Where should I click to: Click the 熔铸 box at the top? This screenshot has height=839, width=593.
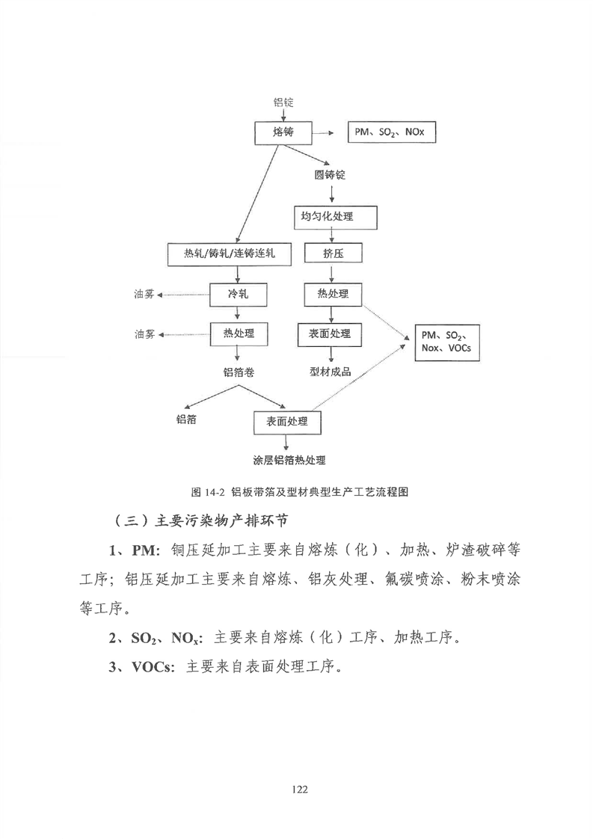click(283, 132)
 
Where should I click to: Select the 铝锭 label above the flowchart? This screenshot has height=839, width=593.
click(283, 102)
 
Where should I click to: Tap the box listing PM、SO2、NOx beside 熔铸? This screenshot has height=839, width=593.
click(393, 132)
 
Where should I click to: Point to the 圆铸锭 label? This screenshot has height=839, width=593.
click(330, 175)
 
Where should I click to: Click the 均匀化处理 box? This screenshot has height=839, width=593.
click(335, 218)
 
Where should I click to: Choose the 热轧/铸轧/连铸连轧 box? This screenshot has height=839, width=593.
click(230, 254)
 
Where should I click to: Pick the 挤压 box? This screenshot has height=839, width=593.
click(333, 253)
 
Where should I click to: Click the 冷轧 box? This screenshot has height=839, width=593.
click(238, 295)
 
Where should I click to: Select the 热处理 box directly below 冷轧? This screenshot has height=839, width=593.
click(239, 334)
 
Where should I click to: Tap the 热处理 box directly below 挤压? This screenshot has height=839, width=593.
click(333, 295)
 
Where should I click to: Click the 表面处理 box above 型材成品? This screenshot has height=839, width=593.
click(330, 334)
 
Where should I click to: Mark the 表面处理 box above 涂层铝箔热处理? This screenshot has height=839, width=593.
click(287, 422)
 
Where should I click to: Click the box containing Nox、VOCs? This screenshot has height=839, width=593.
click(447, 342)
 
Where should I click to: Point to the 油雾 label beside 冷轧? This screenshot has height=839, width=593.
click(144, 295)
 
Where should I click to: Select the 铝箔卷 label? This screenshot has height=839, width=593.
click(239, 372)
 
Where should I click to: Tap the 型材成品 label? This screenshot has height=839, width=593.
click(331, 372)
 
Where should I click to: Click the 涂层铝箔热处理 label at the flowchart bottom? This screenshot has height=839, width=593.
click(289, 460)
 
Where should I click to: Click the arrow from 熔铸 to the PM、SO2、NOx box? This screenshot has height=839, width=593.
click(323, 132)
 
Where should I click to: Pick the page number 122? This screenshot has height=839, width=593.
click(301, 789)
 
